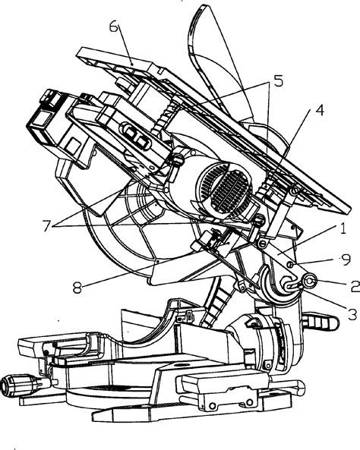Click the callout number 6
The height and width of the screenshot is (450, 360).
click(114, 27)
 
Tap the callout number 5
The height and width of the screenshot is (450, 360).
click(278, 81)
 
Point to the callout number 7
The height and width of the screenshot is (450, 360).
click(47, 225)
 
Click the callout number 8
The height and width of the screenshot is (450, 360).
click(77, 288)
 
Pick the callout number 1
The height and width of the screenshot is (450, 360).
click(343, 229)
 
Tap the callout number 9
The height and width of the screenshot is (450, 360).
click(346, 260)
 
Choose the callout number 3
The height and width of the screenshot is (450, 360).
click(352, 314)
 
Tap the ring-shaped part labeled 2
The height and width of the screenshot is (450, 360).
click(309, 282)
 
